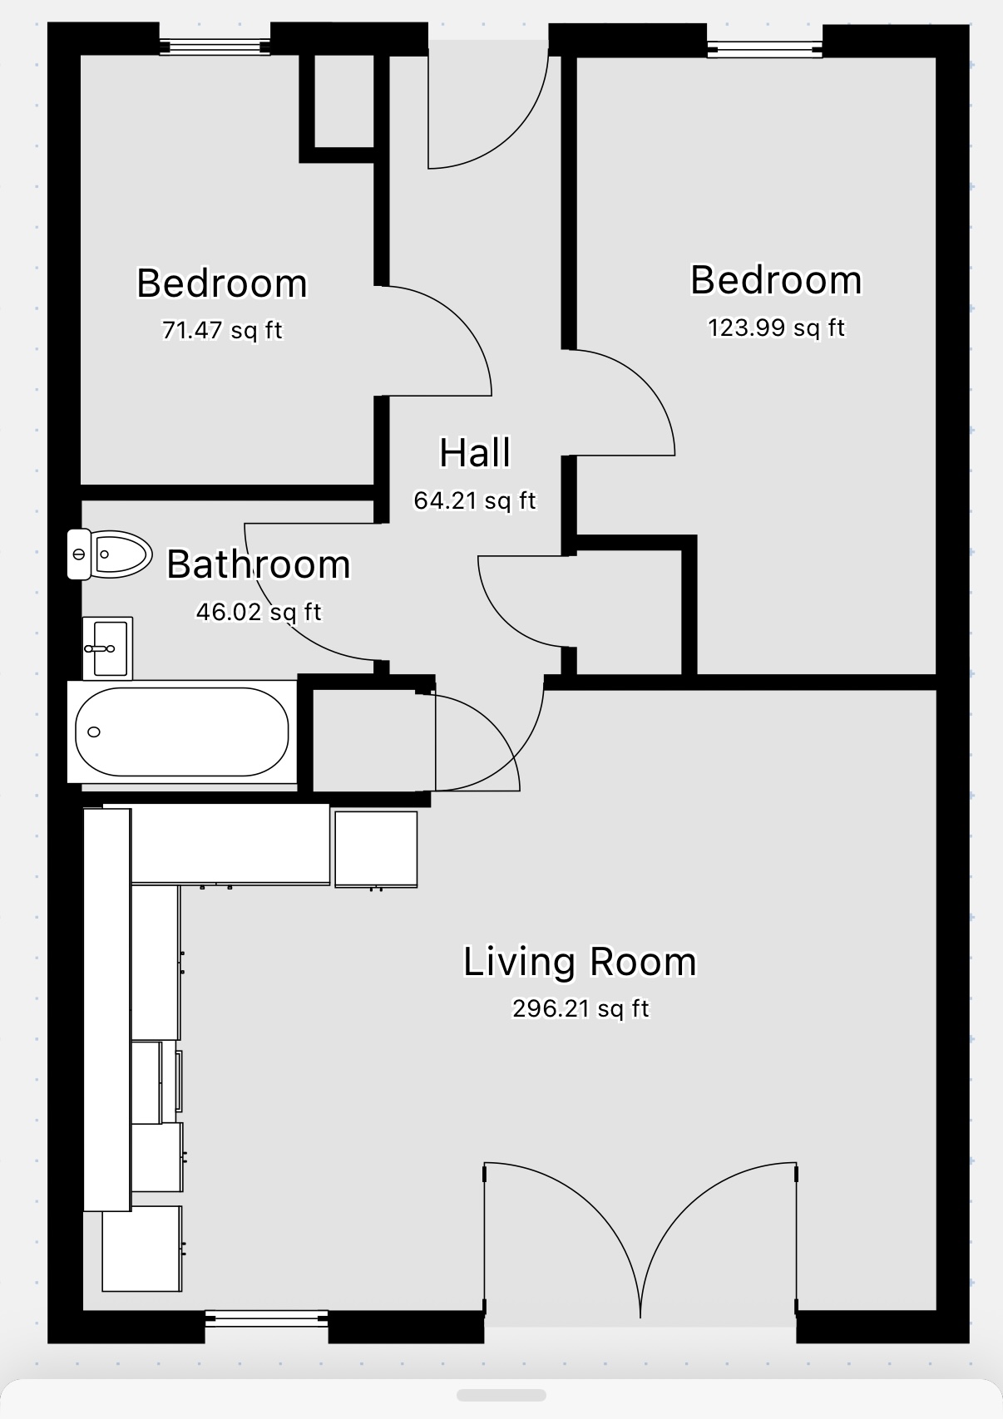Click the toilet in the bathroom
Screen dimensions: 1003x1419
110,554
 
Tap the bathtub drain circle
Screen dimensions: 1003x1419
94,732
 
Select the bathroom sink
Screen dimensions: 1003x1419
108,648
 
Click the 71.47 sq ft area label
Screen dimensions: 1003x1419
222,330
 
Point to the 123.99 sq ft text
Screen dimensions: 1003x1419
776,328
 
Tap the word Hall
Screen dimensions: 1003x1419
475,452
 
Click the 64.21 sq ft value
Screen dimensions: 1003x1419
475,500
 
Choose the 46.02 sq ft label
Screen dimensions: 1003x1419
259,612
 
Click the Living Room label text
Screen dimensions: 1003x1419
580,961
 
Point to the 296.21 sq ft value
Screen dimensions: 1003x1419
581,1008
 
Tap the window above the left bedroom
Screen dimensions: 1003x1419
215,47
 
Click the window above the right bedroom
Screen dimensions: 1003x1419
765,49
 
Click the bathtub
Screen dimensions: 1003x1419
182,732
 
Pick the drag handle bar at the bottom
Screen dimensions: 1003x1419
501,1395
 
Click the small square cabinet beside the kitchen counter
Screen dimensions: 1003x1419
376,849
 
